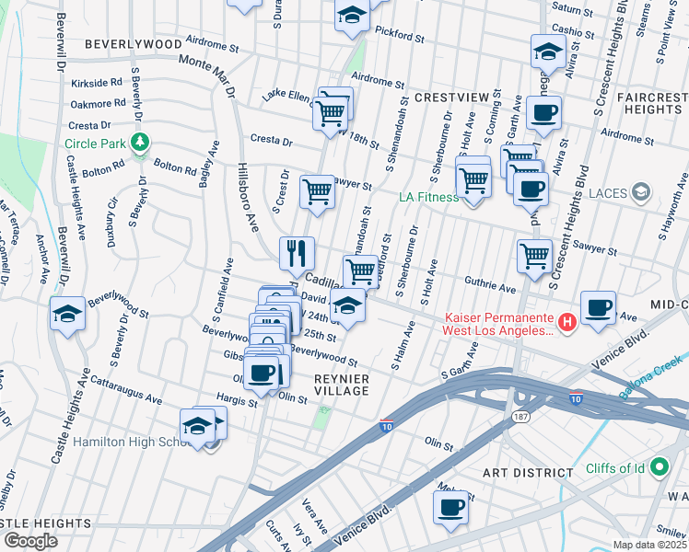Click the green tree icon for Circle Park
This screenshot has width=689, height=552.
[139, 143]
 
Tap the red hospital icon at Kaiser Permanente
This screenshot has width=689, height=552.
[567, 322]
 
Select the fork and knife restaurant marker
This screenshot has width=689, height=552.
[297, 252]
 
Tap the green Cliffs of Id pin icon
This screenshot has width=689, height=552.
[659, 468]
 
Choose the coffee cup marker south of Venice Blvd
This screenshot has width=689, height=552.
[450, 507]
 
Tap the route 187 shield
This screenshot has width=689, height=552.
[520, 417]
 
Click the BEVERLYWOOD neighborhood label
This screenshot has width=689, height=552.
[134, 43]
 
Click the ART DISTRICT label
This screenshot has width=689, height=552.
[529, 472]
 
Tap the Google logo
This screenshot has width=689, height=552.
[30, 541]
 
